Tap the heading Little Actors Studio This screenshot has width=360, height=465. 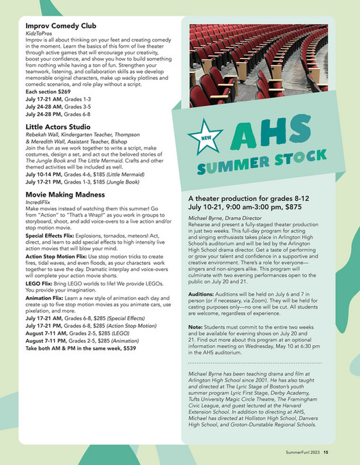coord(58,127)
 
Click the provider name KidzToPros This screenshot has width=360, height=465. coord(40,33)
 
